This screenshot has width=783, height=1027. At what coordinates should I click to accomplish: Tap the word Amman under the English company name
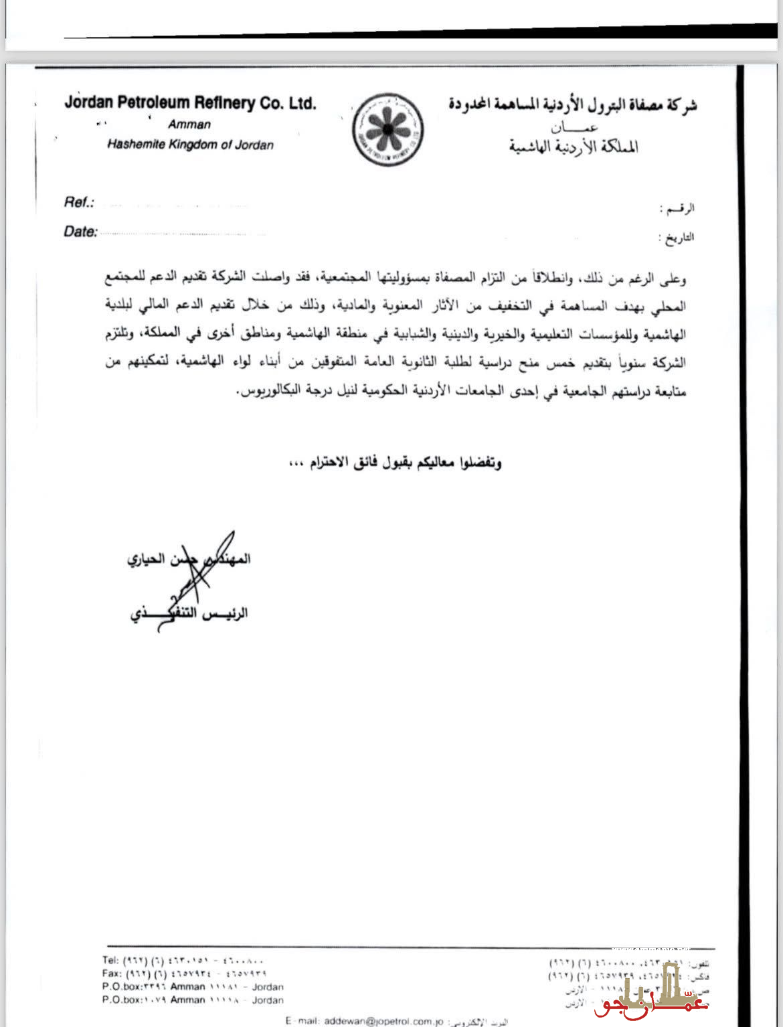189,125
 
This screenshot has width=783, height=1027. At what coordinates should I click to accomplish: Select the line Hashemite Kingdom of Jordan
190,145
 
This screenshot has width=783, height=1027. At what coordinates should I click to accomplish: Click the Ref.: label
79,202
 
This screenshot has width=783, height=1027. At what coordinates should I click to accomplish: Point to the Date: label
80,232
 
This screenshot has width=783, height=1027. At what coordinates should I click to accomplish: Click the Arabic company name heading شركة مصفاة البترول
572,104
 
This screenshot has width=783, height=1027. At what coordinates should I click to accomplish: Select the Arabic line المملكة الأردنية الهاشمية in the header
574,147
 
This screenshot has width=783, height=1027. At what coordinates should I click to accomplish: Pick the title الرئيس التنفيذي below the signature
189,613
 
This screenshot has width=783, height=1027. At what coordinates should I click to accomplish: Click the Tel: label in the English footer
110,960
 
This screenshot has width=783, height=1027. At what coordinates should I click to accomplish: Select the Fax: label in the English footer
112,973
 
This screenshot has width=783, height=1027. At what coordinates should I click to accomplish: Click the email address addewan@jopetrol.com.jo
383,1021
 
